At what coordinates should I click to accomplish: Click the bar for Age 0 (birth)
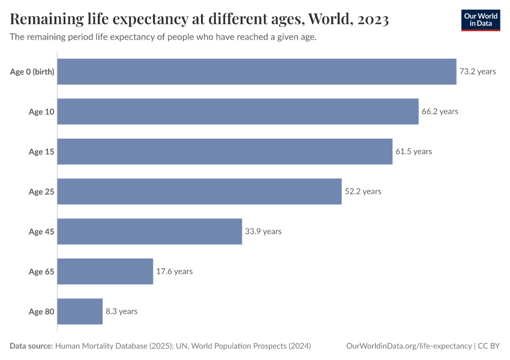pyautogui.click(x=257, y=71)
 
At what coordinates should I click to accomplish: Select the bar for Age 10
pyautogui.click(x=238, y=112)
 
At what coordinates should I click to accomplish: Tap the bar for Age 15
pyautogui.click(x=224, y=152)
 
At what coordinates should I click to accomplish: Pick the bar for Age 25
pyautogui.click(x=199, y=191)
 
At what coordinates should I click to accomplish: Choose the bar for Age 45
pyautogui.click(x=149, y=232)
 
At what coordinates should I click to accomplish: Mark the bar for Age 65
pyautogui.click(x=105, y=271)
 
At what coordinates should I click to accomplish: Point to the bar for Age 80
pyautogui.click(x=80, y=311)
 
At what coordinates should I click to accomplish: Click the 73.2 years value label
pyautogui.click(x=478, y=71)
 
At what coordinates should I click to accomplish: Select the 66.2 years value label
pyautogui.click(x=439, y=112)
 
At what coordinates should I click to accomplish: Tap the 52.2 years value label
pyautogui.click(x=362, y=191)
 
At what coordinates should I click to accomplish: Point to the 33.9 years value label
pyautogui.click(x=263, y=232)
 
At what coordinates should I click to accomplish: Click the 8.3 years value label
pyautogui.click(x=121, y=311)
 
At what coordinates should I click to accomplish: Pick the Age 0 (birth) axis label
pyautogui.click(x=32, y=72)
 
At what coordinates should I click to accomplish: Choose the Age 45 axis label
pyautogui.click(x=41, y=232)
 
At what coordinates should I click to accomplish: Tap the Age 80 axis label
pyautogui.click(x=41, y=311)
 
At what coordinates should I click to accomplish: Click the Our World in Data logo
pyautogui.click(x=480, y=20)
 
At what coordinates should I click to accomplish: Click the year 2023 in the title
pyautogui.click(x=372, y=20)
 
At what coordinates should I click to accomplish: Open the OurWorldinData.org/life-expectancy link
pyautogui.click(x=409, y=346)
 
